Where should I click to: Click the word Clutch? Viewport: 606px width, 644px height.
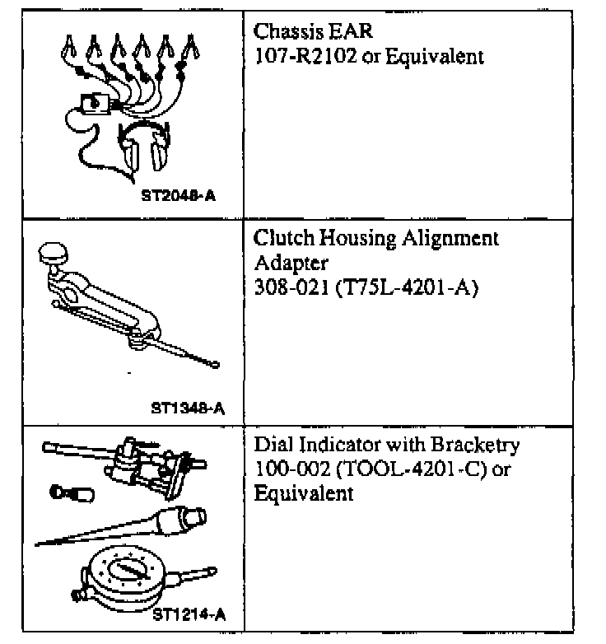(x=279, y=239)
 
